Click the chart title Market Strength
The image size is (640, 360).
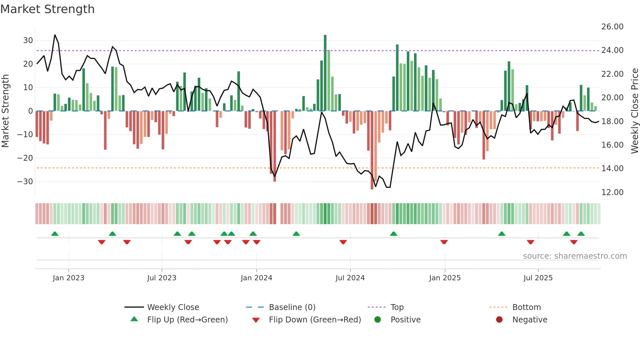48,9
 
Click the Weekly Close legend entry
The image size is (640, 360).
173,307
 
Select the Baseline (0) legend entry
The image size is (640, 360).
292,307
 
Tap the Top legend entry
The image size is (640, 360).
397,307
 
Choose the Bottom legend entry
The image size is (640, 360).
526,307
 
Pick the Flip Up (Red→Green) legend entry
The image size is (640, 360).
187,320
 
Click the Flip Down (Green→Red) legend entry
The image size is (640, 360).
315,320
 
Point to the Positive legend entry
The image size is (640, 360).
405,320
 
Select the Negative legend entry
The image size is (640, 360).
530,320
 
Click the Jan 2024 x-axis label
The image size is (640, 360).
256,278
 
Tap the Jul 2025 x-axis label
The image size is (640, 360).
538,278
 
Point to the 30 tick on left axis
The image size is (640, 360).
28,41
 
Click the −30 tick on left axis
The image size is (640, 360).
25,182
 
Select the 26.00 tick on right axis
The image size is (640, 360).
612,27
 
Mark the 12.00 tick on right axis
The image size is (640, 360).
612,192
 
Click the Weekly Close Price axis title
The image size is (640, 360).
634,111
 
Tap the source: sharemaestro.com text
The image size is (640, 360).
575,256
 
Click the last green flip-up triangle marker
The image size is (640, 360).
581,234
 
